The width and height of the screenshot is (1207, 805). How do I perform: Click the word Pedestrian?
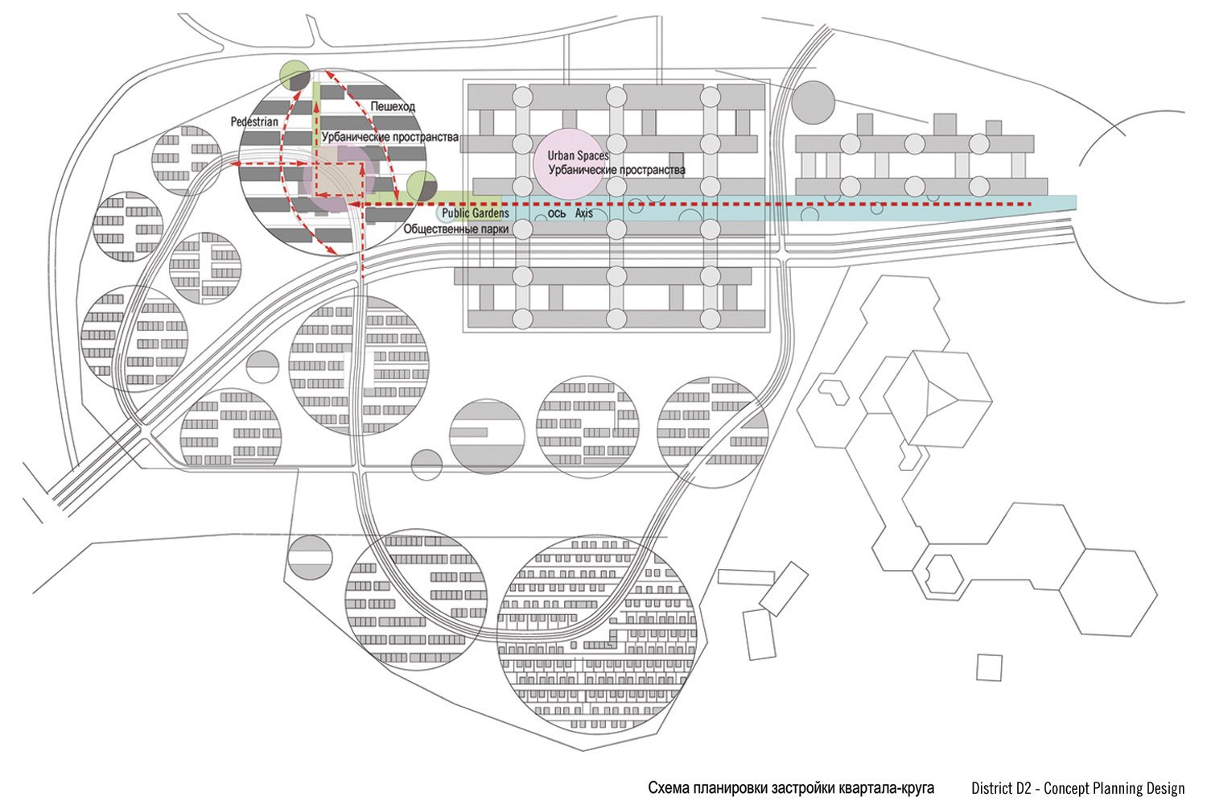[254, 122]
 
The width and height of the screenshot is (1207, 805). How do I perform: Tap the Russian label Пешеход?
[393, 106]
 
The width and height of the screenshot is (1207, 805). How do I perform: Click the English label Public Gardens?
[475, 213]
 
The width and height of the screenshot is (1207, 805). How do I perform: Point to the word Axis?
[584, 213]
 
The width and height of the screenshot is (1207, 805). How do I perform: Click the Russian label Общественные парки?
[456, 229]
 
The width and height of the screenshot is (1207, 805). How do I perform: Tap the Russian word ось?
[556, 213]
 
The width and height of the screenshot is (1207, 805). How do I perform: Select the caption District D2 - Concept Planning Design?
[1077, 788]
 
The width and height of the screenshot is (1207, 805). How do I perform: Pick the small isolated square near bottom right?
[990, 667]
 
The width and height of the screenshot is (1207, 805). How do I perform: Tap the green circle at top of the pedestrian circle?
[295, 76]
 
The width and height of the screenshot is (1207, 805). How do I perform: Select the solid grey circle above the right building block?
[812, 101]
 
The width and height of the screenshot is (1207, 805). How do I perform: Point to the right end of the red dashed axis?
[1031, 204]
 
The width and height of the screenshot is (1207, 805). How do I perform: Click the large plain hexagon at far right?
[1108, 593]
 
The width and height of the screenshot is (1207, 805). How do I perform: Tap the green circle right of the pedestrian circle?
[420, 186]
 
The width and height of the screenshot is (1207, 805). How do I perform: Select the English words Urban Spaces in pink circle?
[578, 155]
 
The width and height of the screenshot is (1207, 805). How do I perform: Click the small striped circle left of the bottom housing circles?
[310, 555]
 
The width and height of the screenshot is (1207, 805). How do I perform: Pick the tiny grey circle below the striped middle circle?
[426, 464]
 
